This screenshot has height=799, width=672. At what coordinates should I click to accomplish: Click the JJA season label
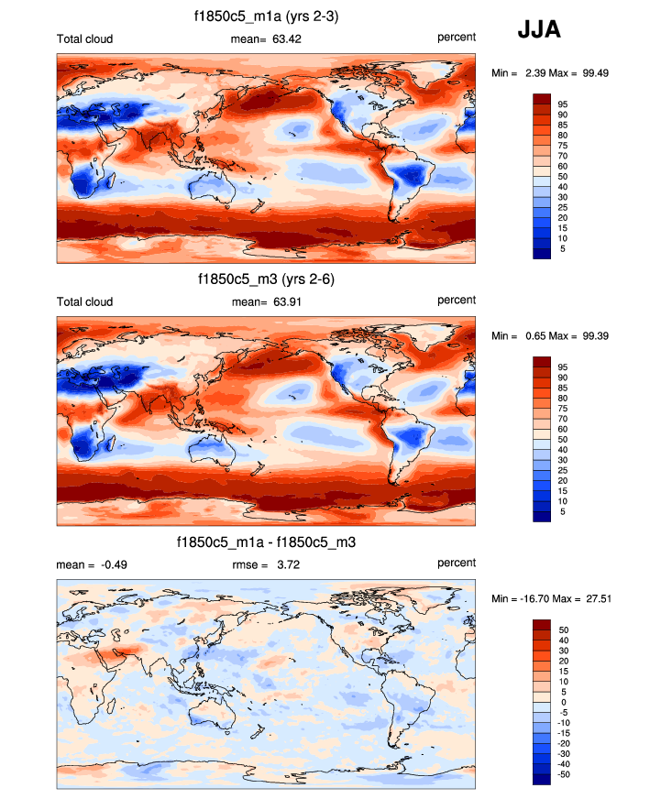pos(539,29)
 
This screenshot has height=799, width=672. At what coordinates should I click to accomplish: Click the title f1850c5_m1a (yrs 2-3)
pos(266,15)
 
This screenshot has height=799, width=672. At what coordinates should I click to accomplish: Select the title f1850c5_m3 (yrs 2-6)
pos(266,279)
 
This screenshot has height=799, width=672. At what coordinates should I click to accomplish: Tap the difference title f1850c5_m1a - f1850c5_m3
pos(266,542)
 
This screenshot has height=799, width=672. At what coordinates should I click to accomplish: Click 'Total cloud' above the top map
pos(84,38)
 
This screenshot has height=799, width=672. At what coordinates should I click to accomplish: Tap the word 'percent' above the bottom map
pos(456,563)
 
